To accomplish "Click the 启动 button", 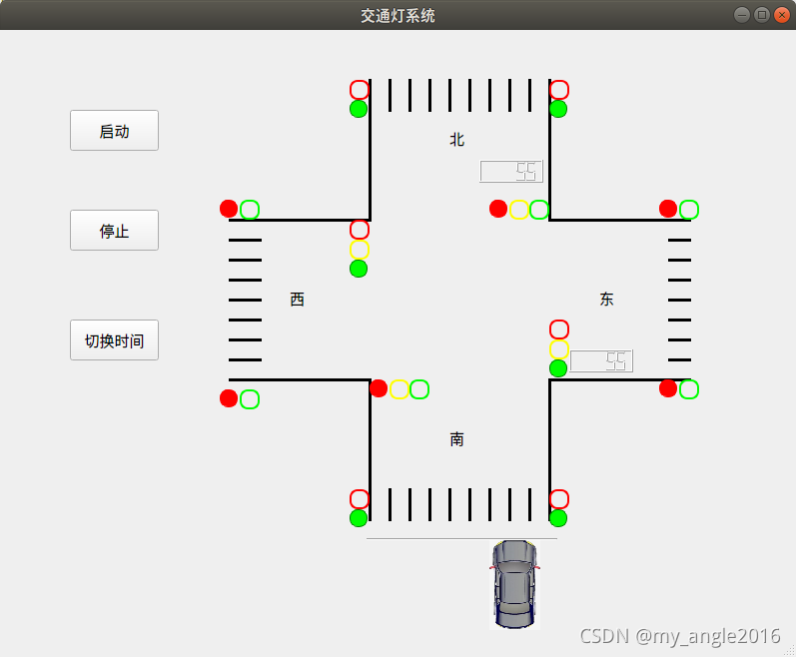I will pyautogui.click(x=114, y=131).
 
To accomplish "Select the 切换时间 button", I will pyautogui.click(x=114, y=340).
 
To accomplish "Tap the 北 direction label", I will pyautogui.click(x=457, y=140).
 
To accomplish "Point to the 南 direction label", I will pyautogui.click(x=457, y=439).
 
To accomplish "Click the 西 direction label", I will pyautogui.click(x=298, y=300).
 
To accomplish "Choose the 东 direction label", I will pyautogui.click(x=607, y=300).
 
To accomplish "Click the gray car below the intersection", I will pyautogui.click(x=514, y=584).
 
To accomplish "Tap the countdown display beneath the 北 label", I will pyautogui.click(x=511, y=172).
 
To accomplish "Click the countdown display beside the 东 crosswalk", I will pyautogui.click(x=601, y=361).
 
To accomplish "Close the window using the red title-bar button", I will pyautogui.click(x=781, y=15).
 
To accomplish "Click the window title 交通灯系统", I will pyautogui.click(x=398, y=16).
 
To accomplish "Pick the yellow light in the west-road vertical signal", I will pyautogui.click(x=360, y=250).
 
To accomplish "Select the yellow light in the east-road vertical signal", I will pyautogui.click(x=559, y=348).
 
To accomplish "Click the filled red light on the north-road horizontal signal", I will pyautogui.click(x=498, y=209).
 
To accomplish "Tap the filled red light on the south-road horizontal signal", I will pyautogui.click(x=379, y=388).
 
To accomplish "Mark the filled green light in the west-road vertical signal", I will pyautogui.click(x=359, y=269).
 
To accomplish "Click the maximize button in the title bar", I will pyautogui.click(x=762, y=15).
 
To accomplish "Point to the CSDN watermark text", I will pyautogui.click(x=679, y=636).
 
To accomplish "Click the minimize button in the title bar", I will pyautogui.click(x=743, y=15).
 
